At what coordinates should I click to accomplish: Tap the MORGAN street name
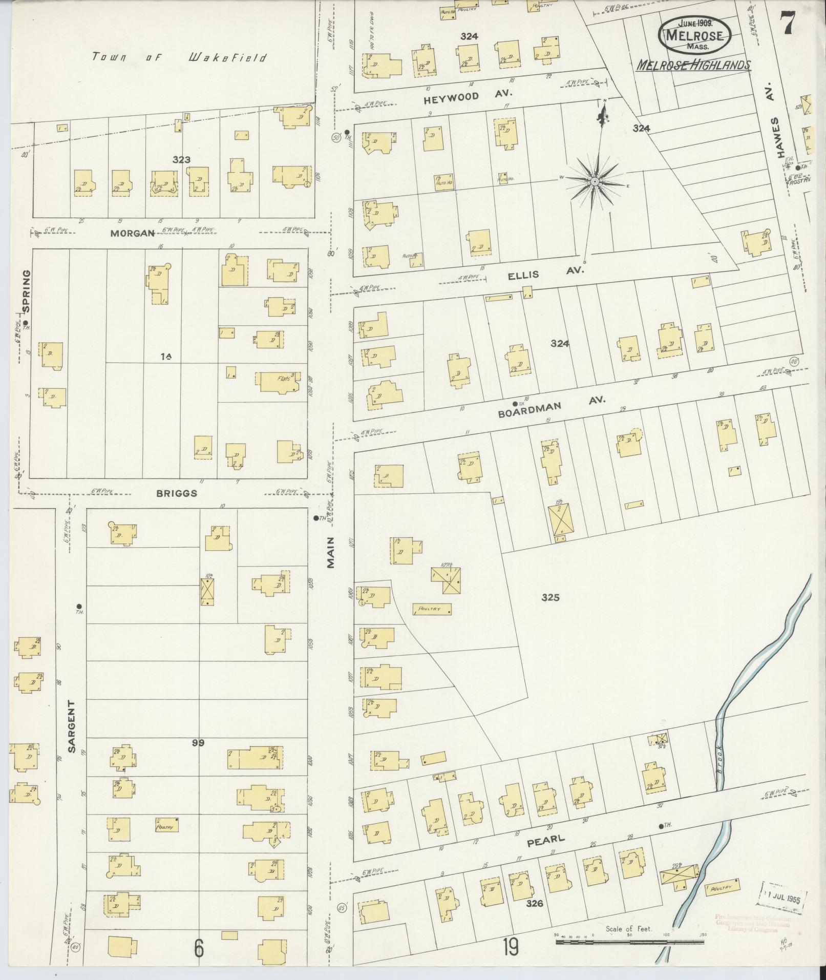point(132,233)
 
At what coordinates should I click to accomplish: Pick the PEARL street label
point(545,839)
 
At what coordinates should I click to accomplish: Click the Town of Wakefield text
point(179,57)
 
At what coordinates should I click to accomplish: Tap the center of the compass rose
point(596,182)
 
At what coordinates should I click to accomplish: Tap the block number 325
point(550,597)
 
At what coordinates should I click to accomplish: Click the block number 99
point(198,743)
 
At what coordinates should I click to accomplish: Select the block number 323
point(181,160)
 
